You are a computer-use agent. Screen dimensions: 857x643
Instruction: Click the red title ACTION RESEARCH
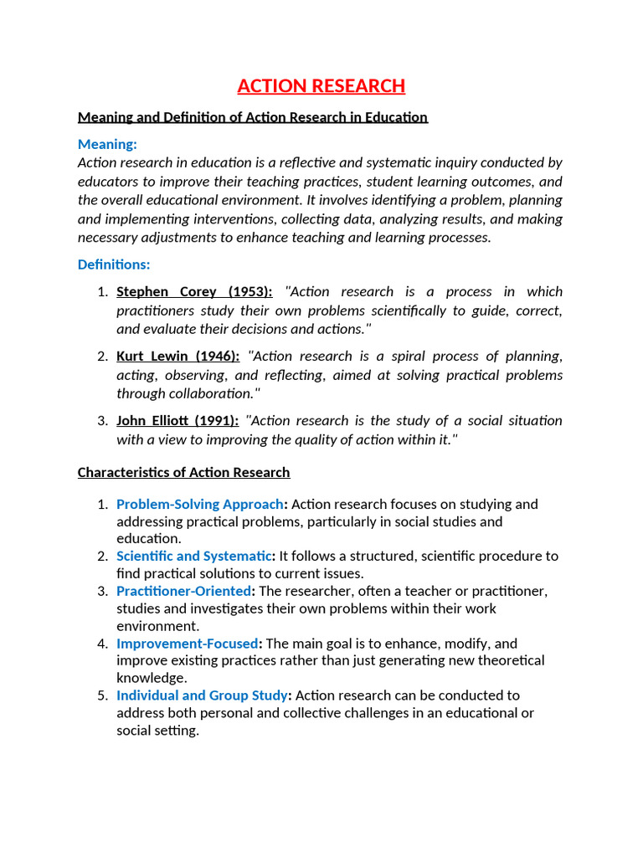pyautogui.click(x=321, y=86)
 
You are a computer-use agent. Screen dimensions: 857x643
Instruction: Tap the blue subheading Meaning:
pyautogui.click(x=107, y=144)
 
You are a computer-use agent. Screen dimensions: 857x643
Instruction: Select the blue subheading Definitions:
pyautogui.click(x=114, y=264)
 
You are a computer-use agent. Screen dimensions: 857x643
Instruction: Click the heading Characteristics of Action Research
pyautogui.click(x=183, y=472)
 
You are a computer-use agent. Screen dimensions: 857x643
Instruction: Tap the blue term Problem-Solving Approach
pyautogui.click(x=199, y=504)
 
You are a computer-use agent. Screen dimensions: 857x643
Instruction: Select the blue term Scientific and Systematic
pyautogui.click(x=194, y=556)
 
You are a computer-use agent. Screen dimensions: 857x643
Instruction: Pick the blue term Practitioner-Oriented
pyautogui.click(x=183, y=591)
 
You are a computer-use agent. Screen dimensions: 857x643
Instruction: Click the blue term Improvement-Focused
pyautogui.click(x=188, y=644)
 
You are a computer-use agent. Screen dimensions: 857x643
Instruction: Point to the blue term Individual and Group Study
pyautogui.click(x=203, y=695)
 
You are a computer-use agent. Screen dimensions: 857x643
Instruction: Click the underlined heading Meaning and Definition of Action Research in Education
pyautogui.click(x=252, y=117)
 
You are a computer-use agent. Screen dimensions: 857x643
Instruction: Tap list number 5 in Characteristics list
pyautogui.click(x=102, y=695)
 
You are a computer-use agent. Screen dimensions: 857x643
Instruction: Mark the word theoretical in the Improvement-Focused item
pyautogui.click(x=511, y=660)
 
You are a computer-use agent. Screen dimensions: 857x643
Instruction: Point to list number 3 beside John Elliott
pyautogui.click(x=102, y=420)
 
